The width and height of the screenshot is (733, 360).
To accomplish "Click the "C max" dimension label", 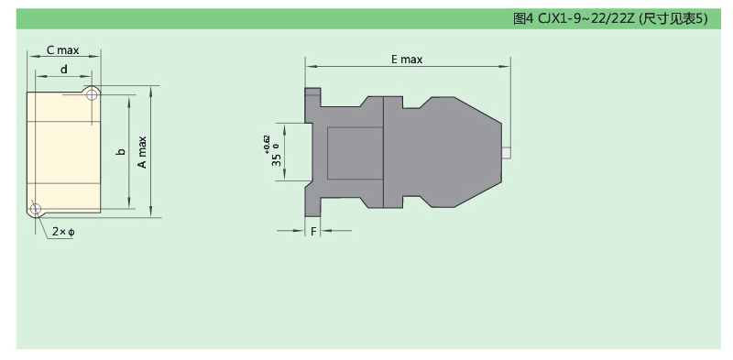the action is pos(62,50).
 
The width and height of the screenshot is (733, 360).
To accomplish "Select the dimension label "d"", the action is pos(64,70).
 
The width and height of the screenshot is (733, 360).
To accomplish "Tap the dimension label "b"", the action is pos(121,152).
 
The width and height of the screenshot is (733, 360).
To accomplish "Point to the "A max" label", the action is pos(142,152).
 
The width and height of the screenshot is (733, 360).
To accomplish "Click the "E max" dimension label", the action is pos(407,60).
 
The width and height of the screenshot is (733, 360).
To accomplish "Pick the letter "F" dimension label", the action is pos(313,231).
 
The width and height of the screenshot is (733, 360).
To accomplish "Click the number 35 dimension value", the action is pos(277,160).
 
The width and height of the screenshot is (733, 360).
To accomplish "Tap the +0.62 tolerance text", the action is pos(267,145).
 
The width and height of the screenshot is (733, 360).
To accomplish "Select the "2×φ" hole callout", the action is pos(63,232).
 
